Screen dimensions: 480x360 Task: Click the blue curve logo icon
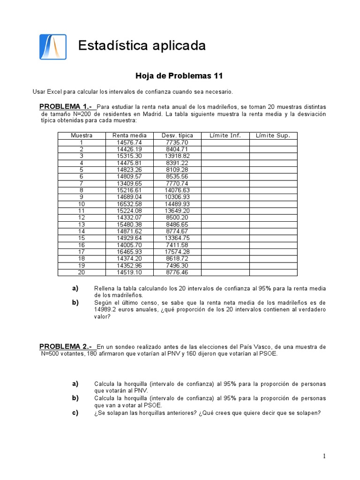(x=52, y=46)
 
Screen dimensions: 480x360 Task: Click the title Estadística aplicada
(x=142, y=45)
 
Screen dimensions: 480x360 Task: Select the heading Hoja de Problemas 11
(x=179, y=75)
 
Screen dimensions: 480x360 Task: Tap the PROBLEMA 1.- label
(x=66, y=107)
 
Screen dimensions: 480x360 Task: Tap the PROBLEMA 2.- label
(x=66, y=346)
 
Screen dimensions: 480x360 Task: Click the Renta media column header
(x=129, y=135)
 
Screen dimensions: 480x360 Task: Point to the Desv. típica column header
(x=177, y=135)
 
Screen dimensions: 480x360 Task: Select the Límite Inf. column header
(x=225, y=135)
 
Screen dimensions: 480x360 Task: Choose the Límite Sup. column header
(x=273, y=135)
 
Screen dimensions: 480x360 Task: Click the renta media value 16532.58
(x=129, y=204)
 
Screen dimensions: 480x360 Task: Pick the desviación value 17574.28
(x=177, y=252)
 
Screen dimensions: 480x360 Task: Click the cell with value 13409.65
(x=129, y=183)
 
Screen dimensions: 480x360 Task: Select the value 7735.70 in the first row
(x=177, y=142)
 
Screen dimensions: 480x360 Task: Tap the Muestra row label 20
(x=82, y=272)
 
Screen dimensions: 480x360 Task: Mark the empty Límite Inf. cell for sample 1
(x=225, y=142)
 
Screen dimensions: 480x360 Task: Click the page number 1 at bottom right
(x=324, y=456)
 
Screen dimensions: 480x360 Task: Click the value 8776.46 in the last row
(x=177, y=272)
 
